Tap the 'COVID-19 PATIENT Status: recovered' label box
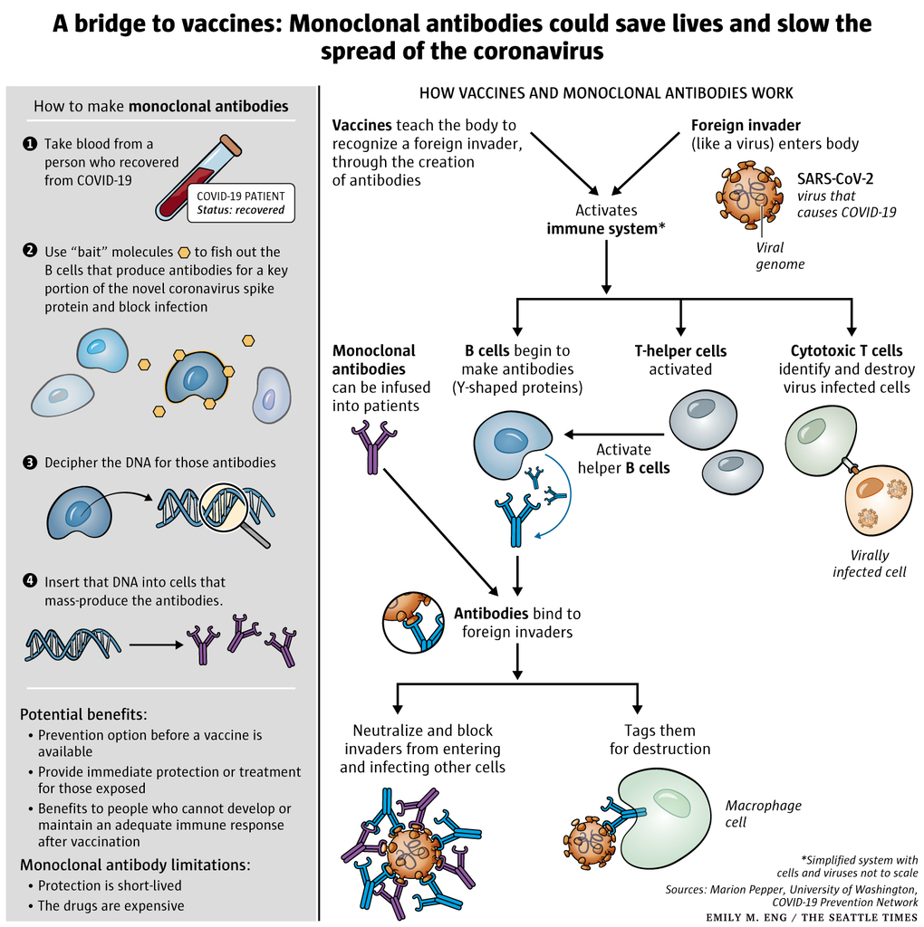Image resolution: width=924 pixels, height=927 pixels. (240, 203)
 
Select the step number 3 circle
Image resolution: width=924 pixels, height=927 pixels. (29, 463)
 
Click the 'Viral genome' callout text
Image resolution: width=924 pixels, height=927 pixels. (780, 255)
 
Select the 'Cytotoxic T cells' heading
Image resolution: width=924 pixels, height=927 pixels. (846, 351)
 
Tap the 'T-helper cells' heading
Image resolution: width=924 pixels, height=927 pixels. (680, 351)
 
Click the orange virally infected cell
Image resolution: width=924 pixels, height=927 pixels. (878, 500)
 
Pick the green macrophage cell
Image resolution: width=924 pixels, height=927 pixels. (665, 816)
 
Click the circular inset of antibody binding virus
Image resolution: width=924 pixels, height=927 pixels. (412, 623)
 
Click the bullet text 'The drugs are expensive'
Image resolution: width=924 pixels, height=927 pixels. (111, 905)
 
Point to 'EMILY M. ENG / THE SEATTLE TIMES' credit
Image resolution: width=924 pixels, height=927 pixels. (812, 918)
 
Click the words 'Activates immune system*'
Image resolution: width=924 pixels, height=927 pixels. (606, 220)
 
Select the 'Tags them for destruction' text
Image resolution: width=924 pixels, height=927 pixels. (659, 740)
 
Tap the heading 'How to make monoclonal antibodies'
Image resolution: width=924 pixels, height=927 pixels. (161, 106)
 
